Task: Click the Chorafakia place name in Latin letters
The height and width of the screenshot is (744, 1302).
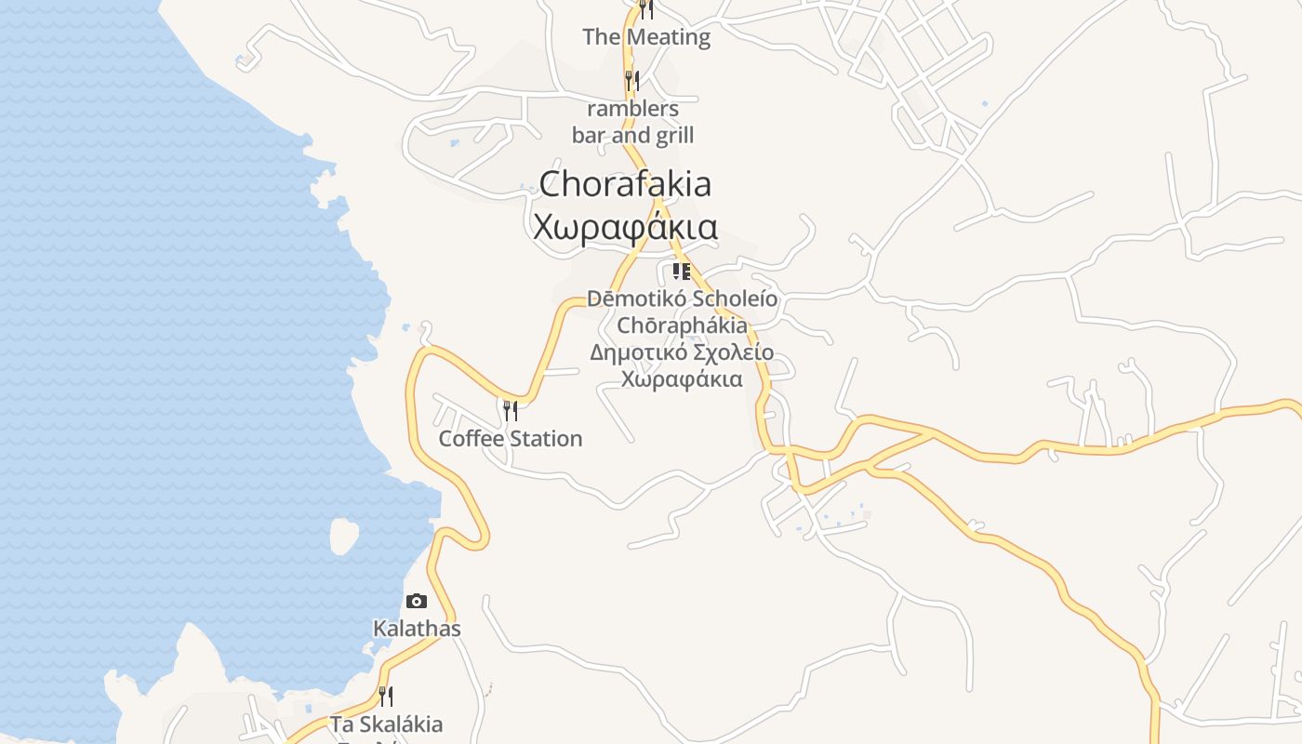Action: click(625, 183)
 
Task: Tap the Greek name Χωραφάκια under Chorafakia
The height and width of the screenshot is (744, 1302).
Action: click(625, 227)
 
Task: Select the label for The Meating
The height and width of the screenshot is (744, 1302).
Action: click(645, 37)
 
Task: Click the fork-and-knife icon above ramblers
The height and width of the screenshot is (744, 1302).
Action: click(631, 80)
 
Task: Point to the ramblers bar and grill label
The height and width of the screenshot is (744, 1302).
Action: click(632, 122)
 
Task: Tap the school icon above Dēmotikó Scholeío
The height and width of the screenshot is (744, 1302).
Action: click(682, 272)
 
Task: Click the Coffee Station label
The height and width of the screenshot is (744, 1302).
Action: click(511, 438)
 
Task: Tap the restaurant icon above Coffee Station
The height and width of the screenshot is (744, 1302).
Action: click(510, 409)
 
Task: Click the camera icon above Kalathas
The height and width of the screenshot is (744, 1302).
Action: click(416, 601)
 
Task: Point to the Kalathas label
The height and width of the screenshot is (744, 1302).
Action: click(417, 629)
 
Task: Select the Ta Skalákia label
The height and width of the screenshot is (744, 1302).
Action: click(386, 724)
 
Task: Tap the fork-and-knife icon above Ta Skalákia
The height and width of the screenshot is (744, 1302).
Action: click(385, 696)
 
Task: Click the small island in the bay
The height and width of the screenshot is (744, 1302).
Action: click(343, 535)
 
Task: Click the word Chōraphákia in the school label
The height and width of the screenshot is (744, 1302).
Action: click(682, 325)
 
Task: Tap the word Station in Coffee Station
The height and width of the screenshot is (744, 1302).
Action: click(543, 438)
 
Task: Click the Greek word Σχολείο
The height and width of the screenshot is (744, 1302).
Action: click(730, 352)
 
